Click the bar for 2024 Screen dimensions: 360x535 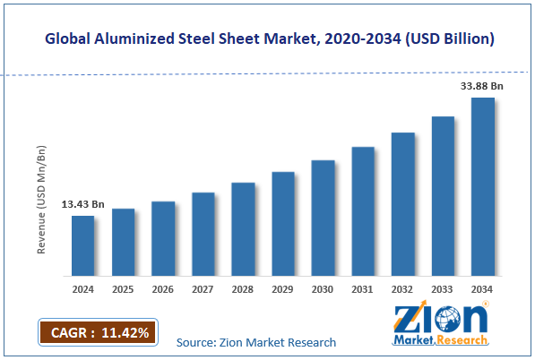click(x=82, y=245)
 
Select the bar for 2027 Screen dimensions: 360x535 click(x=203, y=234)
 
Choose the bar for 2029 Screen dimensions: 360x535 click(x=282, y=223)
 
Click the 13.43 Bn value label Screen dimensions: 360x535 click(x=82, y=205)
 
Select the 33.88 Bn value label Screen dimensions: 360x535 click(x=482, y=86)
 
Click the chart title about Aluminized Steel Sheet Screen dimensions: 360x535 click(x=267, y=39)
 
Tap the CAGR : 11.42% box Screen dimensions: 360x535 click(x=98, y=331)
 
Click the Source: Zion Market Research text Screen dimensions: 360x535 click(x=256, y=342)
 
